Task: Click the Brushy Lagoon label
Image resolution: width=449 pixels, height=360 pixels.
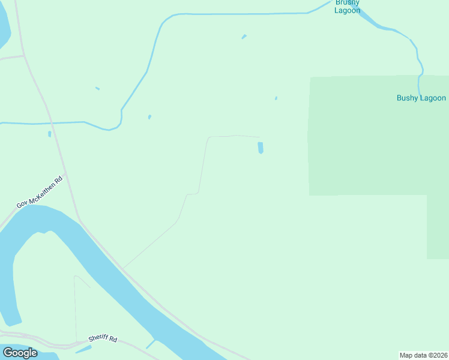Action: click(348, 7)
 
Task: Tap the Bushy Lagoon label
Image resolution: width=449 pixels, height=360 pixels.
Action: click(421, 98)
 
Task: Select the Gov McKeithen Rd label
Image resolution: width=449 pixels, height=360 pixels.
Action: click(40, 192)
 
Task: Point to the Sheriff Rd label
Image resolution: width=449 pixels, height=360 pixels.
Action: click(103, 339)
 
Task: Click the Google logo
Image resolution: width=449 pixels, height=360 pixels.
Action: click(20, 353)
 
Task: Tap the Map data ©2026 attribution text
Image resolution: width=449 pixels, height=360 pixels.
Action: click(424, 355)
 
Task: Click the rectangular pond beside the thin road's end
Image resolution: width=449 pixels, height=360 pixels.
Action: click(261, 147)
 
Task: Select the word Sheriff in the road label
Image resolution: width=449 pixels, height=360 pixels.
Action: click(98, 338)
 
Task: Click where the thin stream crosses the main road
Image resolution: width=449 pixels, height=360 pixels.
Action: click(53, 123)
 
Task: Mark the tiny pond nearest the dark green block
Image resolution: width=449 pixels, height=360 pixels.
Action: click(276, 98)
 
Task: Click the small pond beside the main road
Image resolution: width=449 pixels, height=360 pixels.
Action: click(49, 134)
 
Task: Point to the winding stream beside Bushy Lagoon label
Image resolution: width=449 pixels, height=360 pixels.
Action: click(419, 63)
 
